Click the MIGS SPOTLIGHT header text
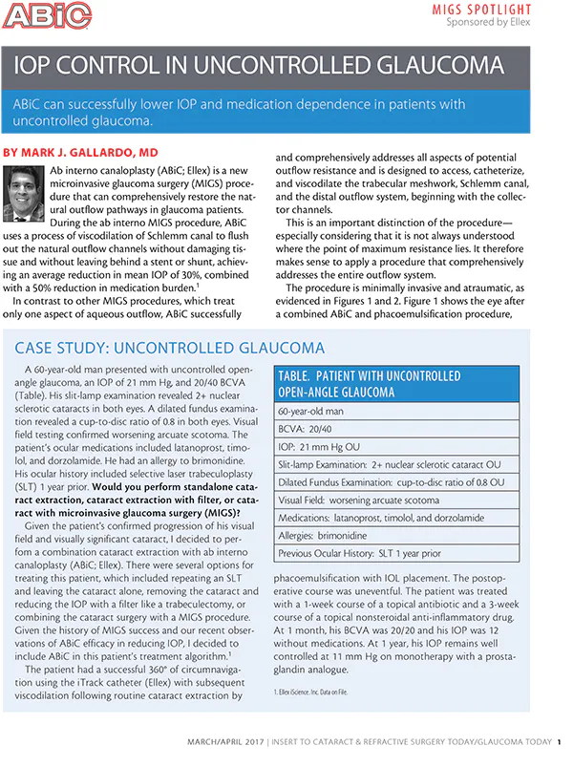[513, 9]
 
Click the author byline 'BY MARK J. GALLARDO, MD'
[81, 153]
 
